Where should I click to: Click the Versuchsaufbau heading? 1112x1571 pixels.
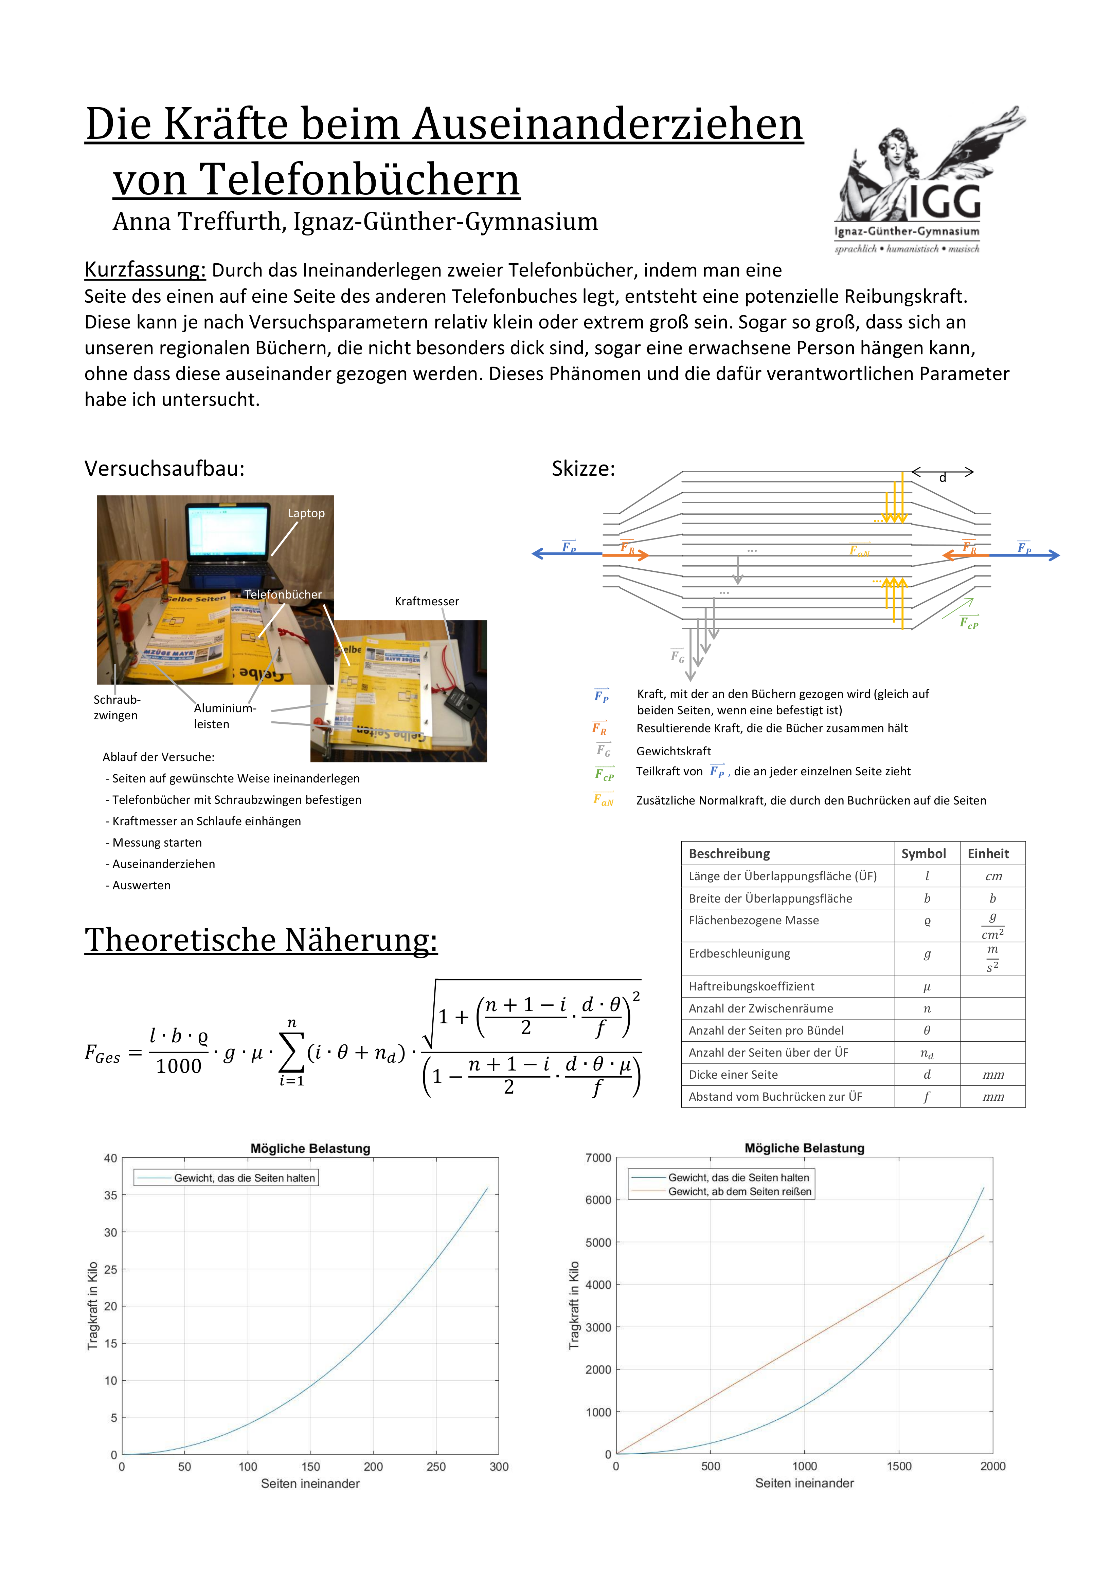coord(164,469)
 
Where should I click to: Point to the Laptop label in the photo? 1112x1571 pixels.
coord(306,513)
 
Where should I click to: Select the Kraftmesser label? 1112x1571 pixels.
coord(427,602)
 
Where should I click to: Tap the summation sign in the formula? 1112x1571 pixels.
coord(292,1052)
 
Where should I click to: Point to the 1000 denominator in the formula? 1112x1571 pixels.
coord(179,1066)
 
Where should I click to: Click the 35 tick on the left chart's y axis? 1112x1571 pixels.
coord(110,1195)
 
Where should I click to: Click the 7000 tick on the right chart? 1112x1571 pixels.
coord(598,1158)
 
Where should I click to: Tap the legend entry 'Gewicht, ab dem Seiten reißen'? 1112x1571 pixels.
coord(739,1191)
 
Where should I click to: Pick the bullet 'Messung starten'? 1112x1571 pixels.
coord(157,842)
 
